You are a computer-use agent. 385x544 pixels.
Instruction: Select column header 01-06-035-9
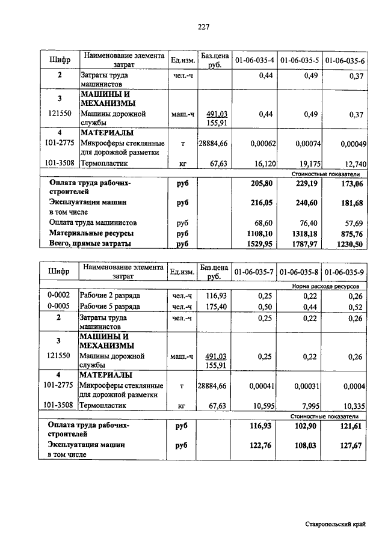345,272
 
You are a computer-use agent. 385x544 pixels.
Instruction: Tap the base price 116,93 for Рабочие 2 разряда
214,296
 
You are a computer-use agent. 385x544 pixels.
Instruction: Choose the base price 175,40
214,307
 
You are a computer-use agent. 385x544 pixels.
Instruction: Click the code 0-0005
59,307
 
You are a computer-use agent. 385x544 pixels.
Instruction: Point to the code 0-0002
59,296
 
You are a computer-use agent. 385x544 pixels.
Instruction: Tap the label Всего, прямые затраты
90,243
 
